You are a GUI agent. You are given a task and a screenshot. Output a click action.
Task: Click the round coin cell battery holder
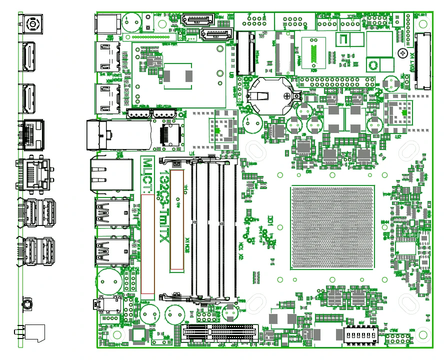[270, 94]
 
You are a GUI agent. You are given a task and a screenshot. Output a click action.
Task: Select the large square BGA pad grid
[332, 228]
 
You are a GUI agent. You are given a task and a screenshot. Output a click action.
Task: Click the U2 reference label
[398, 136]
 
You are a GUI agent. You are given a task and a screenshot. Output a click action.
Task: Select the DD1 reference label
[270, 220]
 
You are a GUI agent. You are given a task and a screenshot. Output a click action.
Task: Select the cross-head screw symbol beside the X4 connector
[402, 52]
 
